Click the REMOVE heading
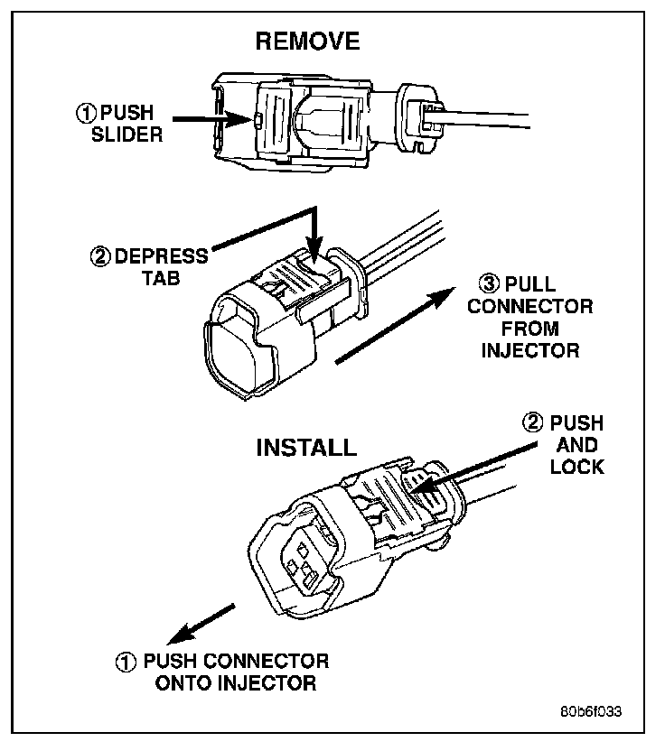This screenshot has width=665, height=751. (x=307, y=42)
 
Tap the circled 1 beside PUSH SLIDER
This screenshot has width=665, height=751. (x=86, y=114)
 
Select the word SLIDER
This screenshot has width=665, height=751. (x=131, y=135)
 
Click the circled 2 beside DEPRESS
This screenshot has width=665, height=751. (x=101, y=255)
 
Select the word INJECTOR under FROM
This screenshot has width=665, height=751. (x=529, y=351)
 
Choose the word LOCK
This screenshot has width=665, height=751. (x=576, y=467)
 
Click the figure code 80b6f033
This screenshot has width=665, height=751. (x=589, y=710)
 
